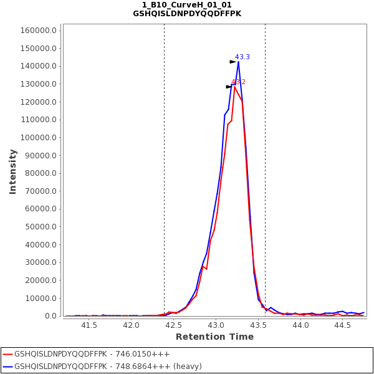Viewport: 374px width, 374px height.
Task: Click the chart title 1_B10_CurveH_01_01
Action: point(187,5)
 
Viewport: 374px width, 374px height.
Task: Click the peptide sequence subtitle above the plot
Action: point(187,14)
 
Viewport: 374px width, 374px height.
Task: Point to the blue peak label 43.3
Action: point(242,57)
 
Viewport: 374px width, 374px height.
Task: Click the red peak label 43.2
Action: point(239,82)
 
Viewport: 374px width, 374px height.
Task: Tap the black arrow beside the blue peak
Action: point(233,62)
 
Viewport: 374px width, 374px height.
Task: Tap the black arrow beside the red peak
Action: point(229,87)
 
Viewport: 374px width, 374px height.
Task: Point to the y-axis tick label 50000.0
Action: point(42,227)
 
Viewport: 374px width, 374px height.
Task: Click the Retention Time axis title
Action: point(214,337)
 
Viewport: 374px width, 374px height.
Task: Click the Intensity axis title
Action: point(13,171)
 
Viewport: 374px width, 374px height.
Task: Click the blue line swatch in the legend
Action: point(7,367)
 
